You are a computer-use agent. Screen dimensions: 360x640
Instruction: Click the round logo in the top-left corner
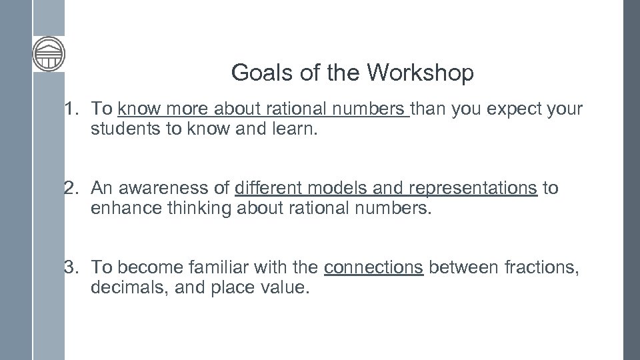[49, 53]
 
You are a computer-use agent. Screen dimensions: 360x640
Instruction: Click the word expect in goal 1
[511, 109]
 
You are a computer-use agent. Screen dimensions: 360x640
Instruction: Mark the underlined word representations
[473, 189]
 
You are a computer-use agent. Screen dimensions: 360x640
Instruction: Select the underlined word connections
[373, 268]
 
